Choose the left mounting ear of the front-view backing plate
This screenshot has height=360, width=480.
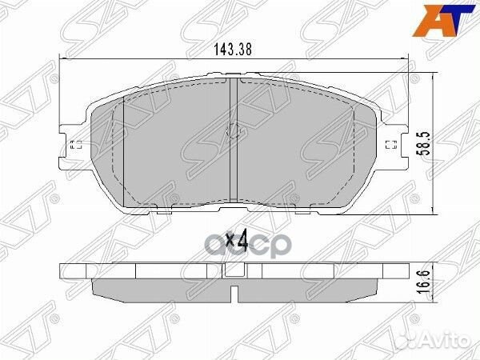[74, 144]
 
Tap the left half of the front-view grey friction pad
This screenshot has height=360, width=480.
[160, 148]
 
